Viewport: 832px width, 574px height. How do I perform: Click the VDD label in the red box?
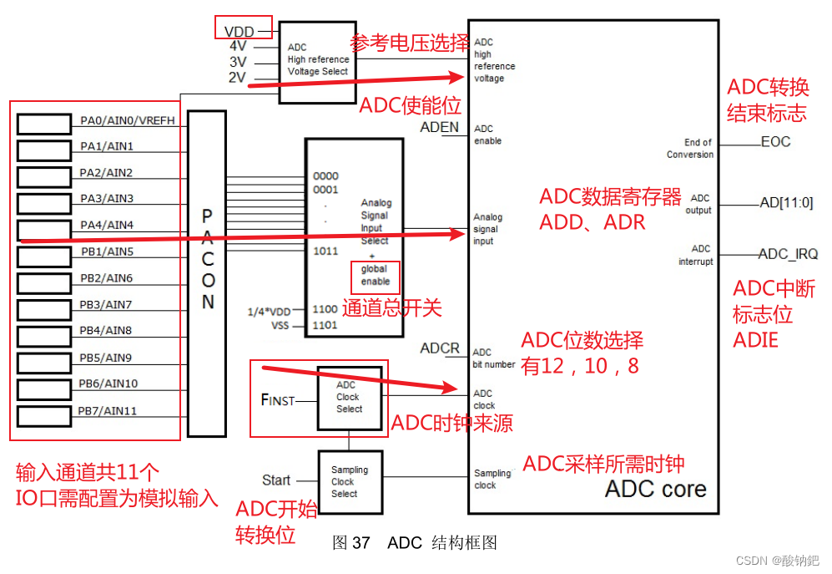click(239, 31)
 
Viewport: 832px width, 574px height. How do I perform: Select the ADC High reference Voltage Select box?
click(318, 61)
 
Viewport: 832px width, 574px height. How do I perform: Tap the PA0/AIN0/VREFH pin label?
click(128, 121)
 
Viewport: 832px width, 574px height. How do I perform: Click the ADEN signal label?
click(439, 128)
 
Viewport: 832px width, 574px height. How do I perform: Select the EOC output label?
click(775, 142)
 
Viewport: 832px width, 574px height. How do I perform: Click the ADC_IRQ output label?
click(788, 254)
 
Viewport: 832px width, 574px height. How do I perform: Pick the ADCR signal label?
click(440, 348)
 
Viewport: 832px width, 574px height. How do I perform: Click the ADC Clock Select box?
click(349, 398)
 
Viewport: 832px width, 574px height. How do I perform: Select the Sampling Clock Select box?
click(349, 481)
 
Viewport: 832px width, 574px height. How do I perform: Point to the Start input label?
click(276, 480)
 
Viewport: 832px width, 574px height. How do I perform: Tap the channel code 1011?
click(325, 251)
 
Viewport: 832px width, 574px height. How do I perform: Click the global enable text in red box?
click(375, 275)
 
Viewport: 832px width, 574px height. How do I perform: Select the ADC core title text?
click(655, 489)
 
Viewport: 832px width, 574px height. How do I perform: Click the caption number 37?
click(361, 543)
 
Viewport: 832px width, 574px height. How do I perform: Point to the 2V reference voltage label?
click(237, 78)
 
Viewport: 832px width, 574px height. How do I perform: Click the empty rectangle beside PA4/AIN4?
click(44, 229)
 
